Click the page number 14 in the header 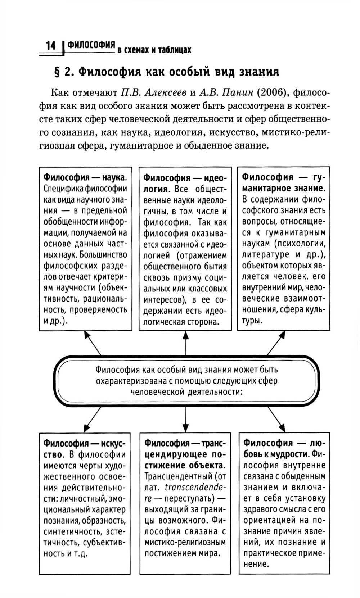[51, 46]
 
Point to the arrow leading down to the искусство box [92, 419]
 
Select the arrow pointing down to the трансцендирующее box [185, 419]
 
